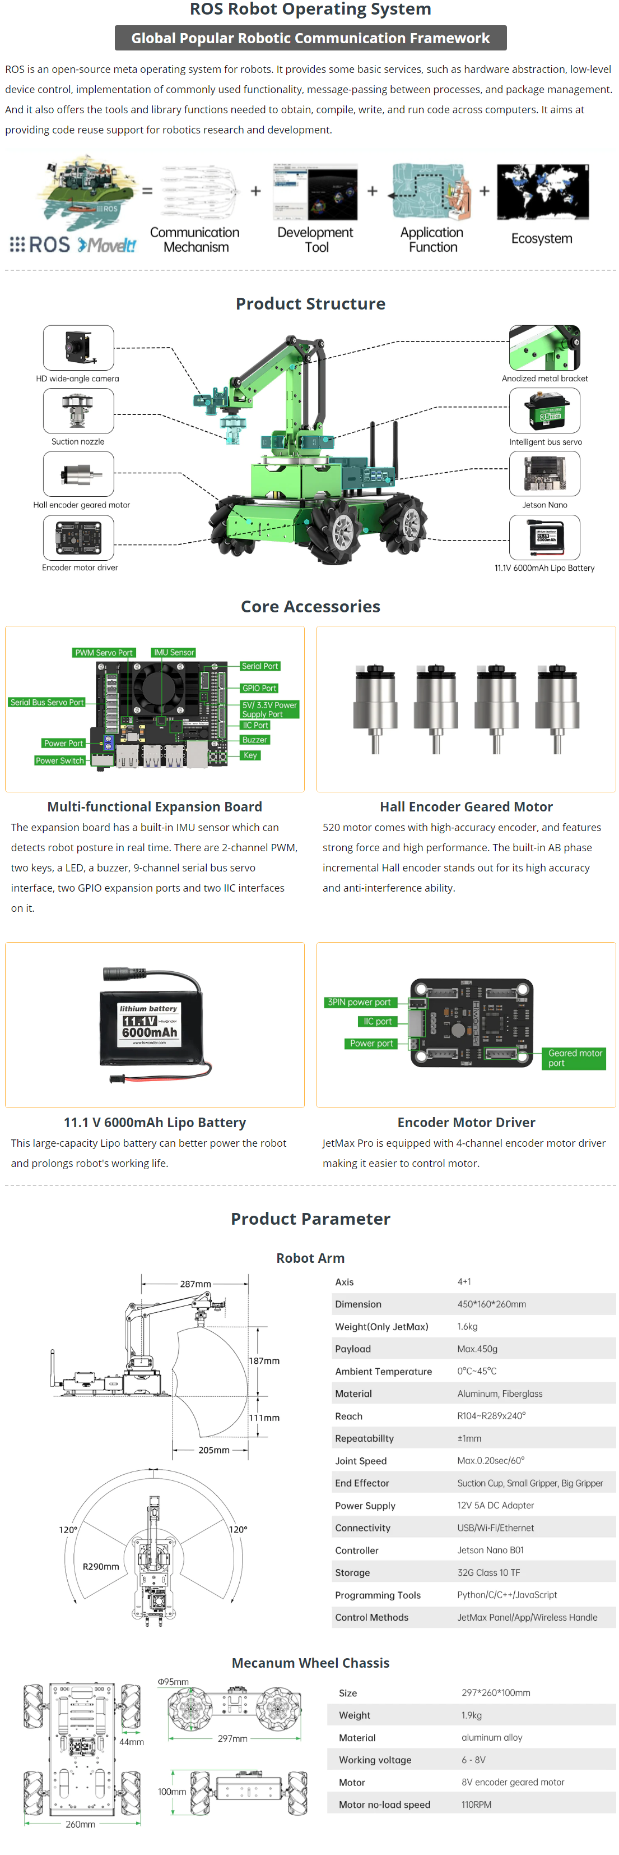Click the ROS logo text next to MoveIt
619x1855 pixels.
point(40,244)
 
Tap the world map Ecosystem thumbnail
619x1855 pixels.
point(542,192)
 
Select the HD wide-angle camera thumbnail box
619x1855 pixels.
point(78,348)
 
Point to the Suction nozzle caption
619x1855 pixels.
point(78,441)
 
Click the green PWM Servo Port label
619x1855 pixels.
point(104,652)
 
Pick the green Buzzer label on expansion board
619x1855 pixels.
point(255,740)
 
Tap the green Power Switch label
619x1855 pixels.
point(60,760)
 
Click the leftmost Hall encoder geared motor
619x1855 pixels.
point(375,709)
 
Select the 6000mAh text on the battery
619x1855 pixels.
point(149,1032)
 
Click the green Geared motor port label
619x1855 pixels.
point(574,1058)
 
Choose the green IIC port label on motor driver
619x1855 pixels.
point(377,1021)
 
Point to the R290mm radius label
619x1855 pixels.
point(101,1566)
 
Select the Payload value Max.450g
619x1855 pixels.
point(477,1349)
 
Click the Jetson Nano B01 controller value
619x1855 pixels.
point(490,1550)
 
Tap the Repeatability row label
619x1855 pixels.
point(364,1438)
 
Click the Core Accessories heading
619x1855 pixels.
point(310,606)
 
